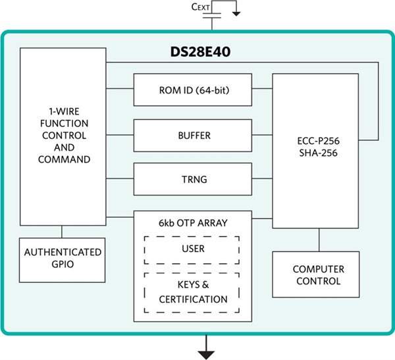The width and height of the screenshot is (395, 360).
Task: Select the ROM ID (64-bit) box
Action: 192,90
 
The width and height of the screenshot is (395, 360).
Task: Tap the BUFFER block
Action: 192,135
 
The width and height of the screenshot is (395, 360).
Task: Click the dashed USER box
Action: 192,249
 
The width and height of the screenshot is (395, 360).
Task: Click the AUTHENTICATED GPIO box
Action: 63,259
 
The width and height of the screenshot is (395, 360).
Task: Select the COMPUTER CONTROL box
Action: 317,274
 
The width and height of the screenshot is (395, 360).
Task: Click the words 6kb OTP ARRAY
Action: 192,223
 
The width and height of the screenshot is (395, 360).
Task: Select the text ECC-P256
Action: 317,140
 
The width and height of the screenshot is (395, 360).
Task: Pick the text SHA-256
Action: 317,152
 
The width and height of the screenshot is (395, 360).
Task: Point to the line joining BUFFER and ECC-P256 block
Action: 262,135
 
